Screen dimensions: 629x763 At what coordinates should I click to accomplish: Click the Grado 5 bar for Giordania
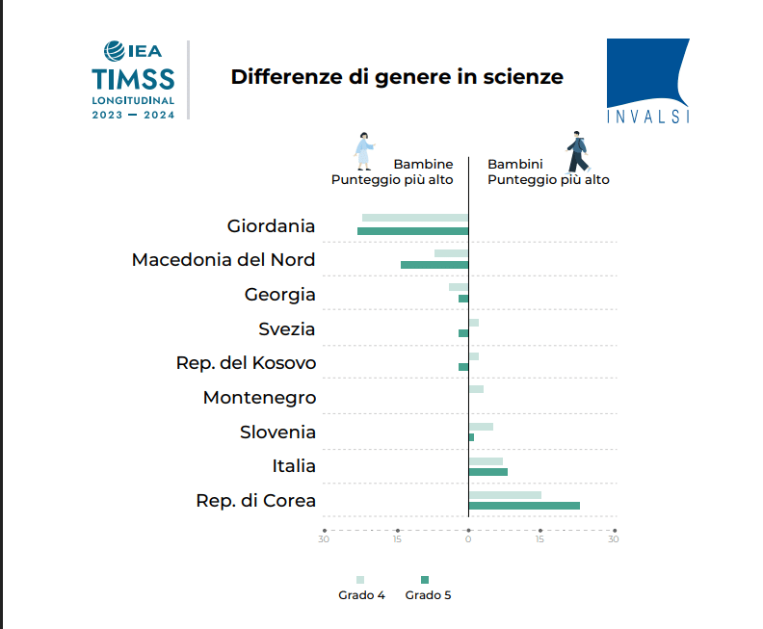pyautogui.click(x=412, y=231)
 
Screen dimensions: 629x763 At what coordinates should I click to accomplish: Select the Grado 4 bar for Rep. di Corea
pyautogui.click(x=505, y=495)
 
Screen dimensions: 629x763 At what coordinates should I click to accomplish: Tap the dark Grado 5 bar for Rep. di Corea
pyautogui.click(x=524, y=506)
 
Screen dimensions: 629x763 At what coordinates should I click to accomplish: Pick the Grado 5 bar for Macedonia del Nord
pyautogui.click(x=434, y=265)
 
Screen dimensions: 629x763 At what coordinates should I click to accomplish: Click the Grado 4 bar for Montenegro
pyautogui.click(x=476, y=389)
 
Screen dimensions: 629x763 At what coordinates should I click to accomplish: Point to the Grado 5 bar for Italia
pyautogui.click(x=487, y=472)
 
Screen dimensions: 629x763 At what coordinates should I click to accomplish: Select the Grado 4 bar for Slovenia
pyautogui.click(x=481, y=427)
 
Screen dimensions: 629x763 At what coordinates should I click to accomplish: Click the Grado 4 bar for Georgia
pyautogui.click(x=459, y=287)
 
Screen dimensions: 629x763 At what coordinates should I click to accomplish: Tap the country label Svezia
pyautogui.click(x=286, y=329)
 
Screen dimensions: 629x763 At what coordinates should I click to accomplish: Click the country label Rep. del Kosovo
pyautogui.click(x=246, y=363)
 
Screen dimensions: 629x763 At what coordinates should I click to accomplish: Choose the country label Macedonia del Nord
pyautogui.click(x=224, y=260)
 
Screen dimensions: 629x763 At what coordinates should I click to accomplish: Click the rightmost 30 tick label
pyautogui.click(x=613, y=539)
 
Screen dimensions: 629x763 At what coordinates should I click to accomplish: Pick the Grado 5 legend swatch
pyautogui.click(x=425, y=580)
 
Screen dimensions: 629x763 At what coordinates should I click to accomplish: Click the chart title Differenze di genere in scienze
pyautogui.click(x=397, y=77)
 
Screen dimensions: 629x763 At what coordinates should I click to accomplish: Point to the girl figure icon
pyautogui.click(x=363, y=152)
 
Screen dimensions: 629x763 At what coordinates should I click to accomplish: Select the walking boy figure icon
pyautogui.click(x=576, y=152)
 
